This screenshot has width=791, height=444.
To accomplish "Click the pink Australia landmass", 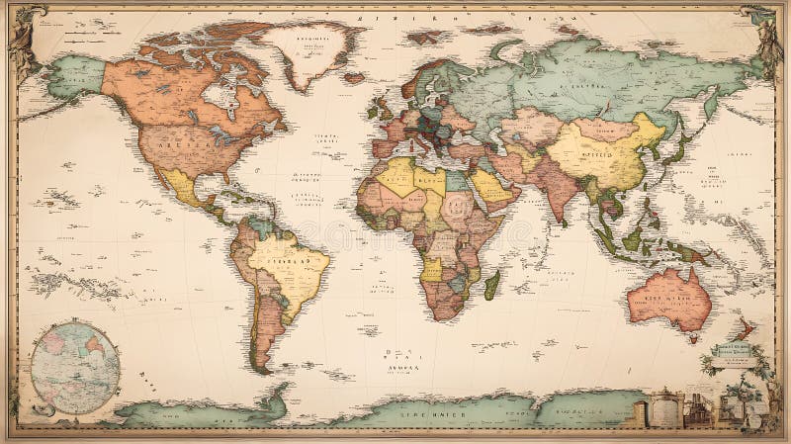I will pyautogui.click(x=669, y=296).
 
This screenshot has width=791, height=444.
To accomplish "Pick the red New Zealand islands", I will pyautogui.click(x=744, y=327).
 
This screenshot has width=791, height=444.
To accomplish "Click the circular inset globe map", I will pyautogui.click(x=75, y=367).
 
